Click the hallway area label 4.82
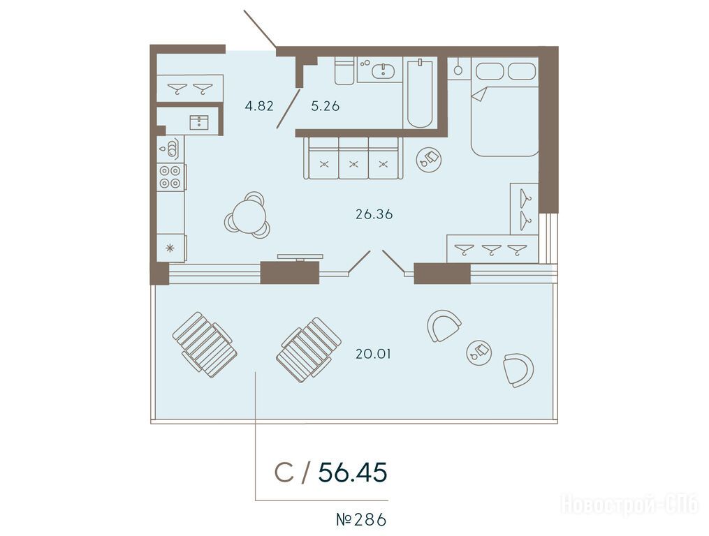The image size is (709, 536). (x=259, y=106)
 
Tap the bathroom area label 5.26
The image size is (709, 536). (x=325, y=106)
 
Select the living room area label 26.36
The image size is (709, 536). (x=374, y=214)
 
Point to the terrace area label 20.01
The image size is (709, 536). (x=373, y=354)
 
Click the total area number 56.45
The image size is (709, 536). (x=353, y=472)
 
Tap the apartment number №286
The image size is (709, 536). (x=361, y=520)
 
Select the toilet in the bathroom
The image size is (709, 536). (x=344, y=70)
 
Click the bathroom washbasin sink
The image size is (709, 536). (x=383, y=70)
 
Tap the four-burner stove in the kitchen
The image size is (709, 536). (x=170, y=177)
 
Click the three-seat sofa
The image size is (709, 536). (x=353, y=158)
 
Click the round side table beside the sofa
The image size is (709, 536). (x=429, y=160)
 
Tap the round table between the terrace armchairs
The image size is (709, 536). (x=479, y=351)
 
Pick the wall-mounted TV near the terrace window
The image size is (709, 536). (x=300, y=257)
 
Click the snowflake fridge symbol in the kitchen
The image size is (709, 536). (x=170, y=248)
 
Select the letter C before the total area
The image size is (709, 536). (x=284, y=472)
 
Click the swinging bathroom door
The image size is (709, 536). (x=288, y=108)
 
